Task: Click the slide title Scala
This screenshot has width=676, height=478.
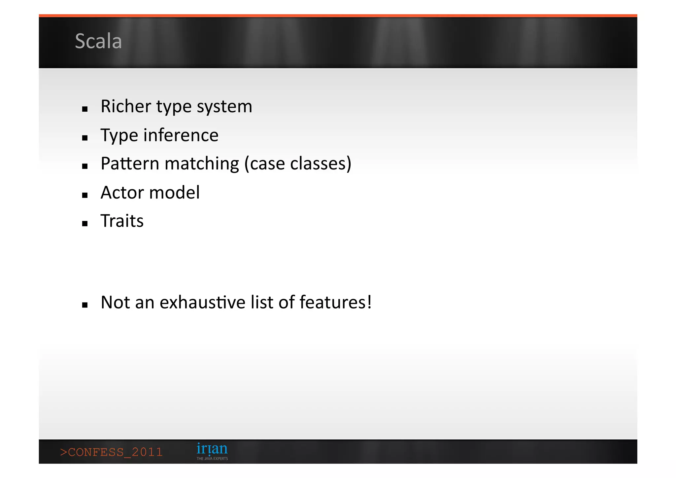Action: coord(98,41)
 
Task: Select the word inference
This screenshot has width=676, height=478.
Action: coord(181,135)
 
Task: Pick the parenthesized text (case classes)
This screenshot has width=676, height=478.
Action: coord(298,164)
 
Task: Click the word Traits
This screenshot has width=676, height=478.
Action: coord(122,221)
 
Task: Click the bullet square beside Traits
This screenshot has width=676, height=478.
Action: coord(85,224)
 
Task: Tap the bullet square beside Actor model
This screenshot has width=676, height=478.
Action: coord(85,195)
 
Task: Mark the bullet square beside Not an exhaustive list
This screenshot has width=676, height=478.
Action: coord(85,305)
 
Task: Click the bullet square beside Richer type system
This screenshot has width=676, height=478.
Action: coord(85,109)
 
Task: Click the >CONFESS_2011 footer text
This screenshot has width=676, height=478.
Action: coord(112,452)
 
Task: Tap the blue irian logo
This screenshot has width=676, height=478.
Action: coord(212,449)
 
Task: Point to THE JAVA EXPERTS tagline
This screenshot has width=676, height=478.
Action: coord(212,459)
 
